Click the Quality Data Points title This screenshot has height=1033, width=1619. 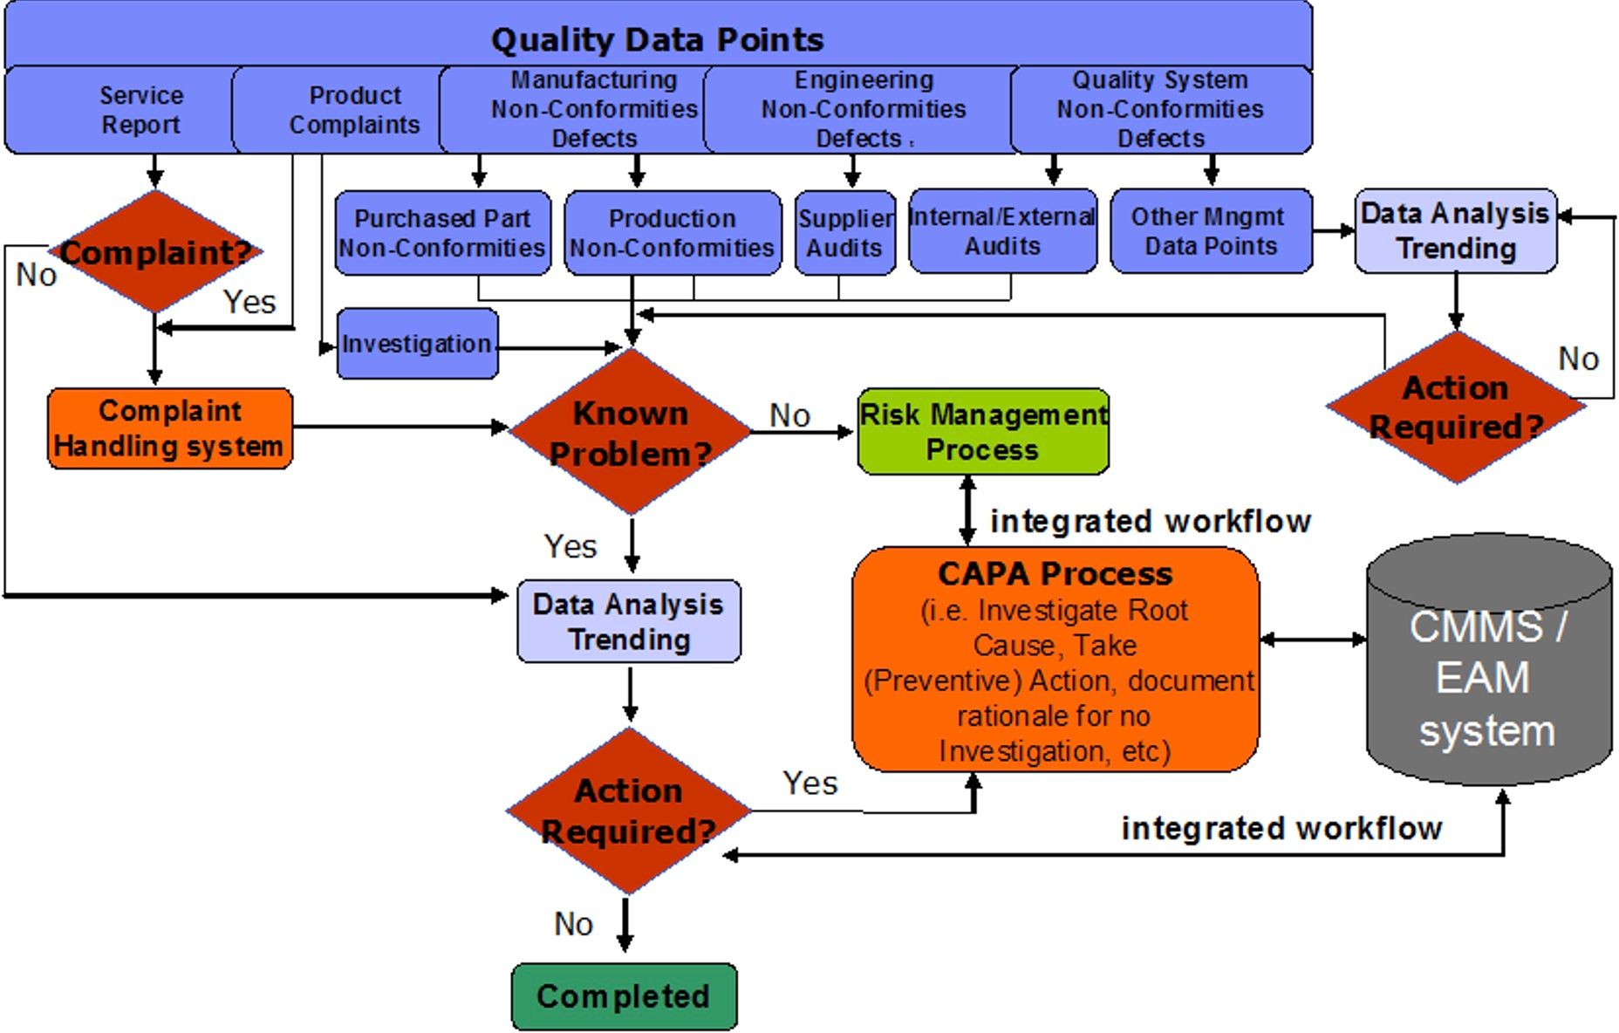pos(657,39)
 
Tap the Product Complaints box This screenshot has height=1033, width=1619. pos(354,110)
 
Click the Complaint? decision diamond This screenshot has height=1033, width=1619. pos(155,252)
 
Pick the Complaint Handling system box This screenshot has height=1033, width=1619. pos(169,428)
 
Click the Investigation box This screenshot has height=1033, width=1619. pos(416,344)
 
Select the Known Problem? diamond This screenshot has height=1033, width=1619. pos(630,432)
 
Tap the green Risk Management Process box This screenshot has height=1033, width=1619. pos(983,432)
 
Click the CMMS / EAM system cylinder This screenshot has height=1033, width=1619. pos(1488,663)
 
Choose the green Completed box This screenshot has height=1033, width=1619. pos(624,996)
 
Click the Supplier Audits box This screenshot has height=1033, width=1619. pos(844,233)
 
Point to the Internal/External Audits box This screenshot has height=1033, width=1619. pos(1001,231)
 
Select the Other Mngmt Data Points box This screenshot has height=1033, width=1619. pos(1210,231)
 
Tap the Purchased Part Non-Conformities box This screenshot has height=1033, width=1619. pos(442,233)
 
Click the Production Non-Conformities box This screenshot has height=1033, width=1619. pos(672,233)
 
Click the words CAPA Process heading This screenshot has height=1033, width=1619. pos(1055,573)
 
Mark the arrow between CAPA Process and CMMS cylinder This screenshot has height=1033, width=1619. pos(1313,640)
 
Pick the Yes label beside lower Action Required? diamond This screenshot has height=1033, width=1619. pos(809,783)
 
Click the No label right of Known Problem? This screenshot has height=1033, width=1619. pos(789,415)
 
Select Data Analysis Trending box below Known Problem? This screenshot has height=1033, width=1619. pos(628,621)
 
